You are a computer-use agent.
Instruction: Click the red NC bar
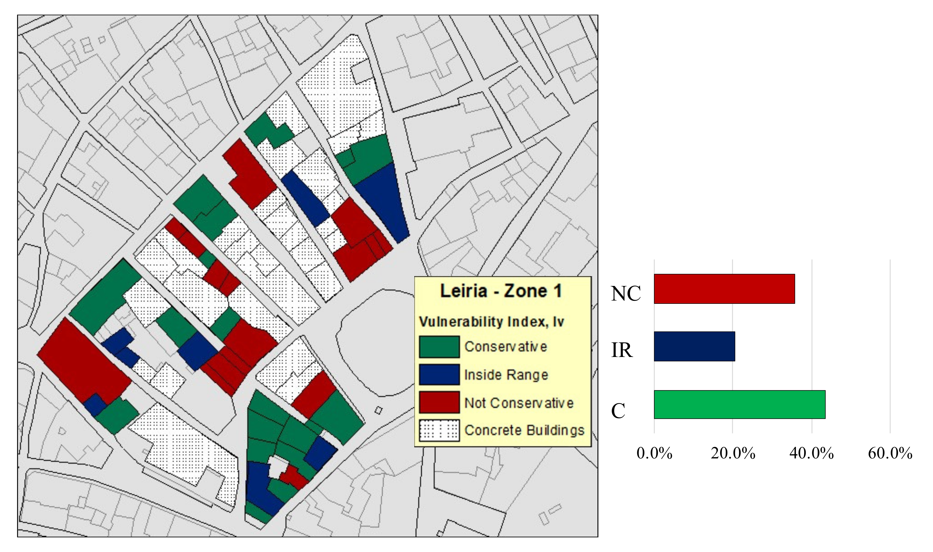(724, 289)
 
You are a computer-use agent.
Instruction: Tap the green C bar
(739, 404)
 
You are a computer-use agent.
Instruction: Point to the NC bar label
(626, 293)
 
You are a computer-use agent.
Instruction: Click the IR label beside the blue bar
(622, 350)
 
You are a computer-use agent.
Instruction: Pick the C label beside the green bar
(618, 411)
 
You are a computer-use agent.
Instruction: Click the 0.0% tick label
(654, 454)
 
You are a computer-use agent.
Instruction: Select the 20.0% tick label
(733, 454)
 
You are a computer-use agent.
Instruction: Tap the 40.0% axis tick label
(811, 454)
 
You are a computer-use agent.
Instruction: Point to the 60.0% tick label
(890, 454)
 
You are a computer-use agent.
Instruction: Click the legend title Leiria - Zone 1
(501, 291)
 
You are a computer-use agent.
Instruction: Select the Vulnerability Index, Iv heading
(491, 321)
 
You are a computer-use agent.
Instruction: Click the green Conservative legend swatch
(439, 347)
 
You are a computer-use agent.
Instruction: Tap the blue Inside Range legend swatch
(439, 374)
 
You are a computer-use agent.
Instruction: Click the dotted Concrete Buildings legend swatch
(439, 430)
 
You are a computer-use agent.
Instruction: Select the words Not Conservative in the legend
(519, 403)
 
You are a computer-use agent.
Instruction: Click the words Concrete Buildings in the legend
(524, 430)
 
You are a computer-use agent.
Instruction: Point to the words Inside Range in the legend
(506, 375)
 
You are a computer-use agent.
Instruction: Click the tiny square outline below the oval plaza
(378, 410)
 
